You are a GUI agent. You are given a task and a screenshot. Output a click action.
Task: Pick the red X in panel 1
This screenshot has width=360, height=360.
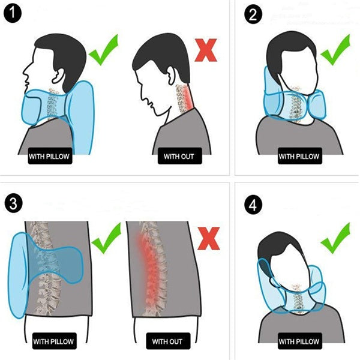click(206, 50)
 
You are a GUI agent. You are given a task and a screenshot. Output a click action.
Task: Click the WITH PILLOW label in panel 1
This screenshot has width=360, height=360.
click(50, 158)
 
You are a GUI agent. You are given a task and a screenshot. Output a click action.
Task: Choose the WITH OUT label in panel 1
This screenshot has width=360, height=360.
click(179, 158)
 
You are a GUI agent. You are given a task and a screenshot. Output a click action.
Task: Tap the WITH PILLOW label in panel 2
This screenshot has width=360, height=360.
click(299, 158)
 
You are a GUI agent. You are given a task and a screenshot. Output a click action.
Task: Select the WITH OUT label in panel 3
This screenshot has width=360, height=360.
click(167, 342)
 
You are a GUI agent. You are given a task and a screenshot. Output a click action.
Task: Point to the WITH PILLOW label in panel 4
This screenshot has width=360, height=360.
click(299, 342)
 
